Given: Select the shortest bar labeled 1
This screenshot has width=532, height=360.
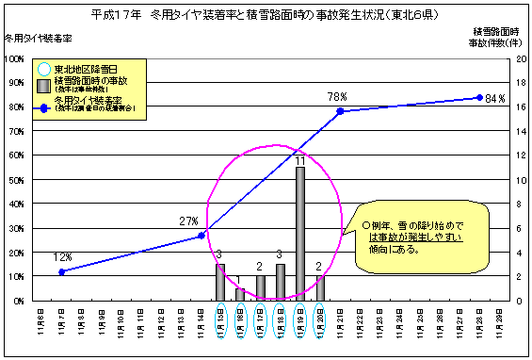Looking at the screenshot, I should [240, 294].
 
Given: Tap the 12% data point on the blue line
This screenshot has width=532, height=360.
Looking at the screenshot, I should [62, 271].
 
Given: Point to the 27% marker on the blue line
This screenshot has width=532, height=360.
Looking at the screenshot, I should [201, 236].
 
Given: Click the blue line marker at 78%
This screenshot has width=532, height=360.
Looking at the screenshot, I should [340, 111].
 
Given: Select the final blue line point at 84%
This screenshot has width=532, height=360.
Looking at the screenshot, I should [479, 97].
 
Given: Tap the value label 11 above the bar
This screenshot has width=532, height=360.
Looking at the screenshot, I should [299, 161].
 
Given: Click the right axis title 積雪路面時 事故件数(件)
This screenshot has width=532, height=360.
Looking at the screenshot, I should [496, 37].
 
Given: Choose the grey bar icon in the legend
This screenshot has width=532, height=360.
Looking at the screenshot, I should [43, 85].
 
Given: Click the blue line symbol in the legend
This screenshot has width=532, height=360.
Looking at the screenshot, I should [43, 106].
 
